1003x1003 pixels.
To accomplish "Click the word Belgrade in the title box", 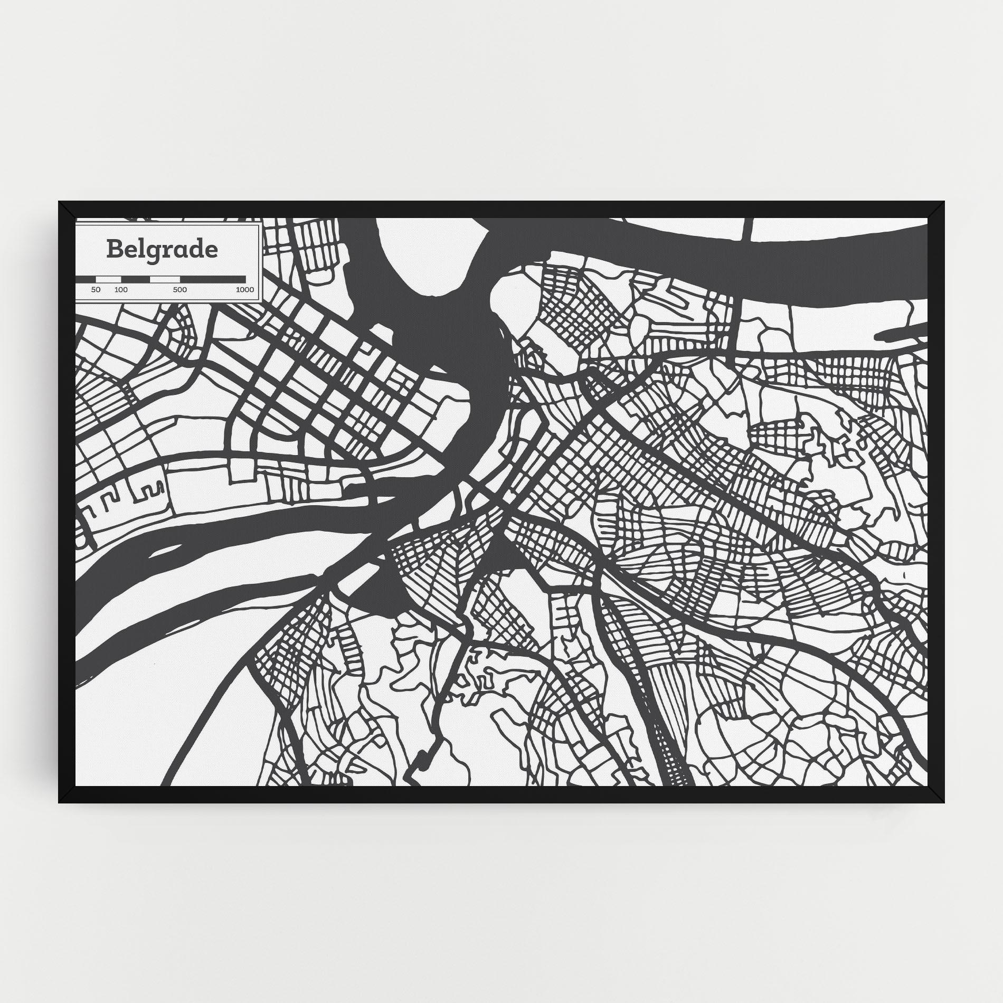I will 162,250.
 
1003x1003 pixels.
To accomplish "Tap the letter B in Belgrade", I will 113,249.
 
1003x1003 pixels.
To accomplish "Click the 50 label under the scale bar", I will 96,290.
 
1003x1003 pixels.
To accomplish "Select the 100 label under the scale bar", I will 121,290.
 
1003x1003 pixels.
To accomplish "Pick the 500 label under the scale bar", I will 179,290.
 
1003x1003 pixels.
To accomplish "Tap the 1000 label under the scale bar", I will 245,290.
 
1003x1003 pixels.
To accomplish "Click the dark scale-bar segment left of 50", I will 86,279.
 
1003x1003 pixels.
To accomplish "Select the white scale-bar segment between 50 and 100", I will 108,279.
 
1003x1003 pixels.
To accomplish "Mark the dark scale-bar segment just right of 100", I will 135,279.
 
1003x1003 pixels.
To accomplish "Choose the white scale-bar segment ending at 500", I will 165,279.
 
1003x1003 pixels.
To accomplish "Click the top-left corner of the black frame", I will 60,202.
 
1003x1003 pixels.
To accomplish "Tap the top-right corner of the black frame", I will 943,202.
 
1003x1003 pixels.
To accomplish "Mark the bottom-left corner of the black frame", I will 60,802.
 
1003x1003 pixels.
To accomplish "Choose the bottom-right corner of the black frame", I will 943,802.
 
